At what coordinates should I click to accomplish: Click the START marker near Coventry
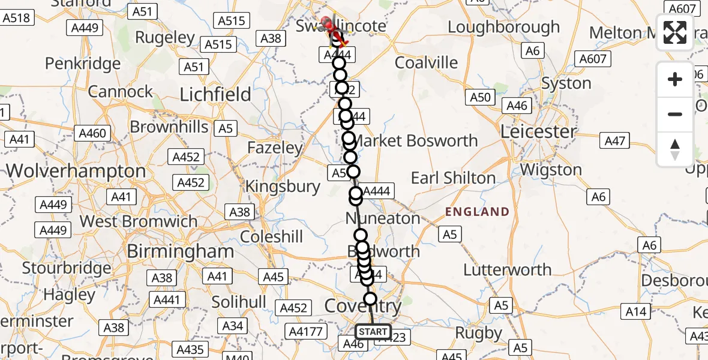[x=373, y=331]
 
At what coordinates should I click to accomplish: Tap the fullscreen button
[x=675, y=33]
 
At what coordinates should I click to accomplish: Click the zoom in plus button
[x=675, y=79]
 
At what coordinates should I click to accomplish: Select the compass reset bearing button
[x=675, y=149]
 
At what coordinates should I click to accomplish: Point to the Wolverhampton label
[x=76, y=171]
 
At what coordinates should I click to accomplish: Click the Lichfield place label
[x=216, y=94]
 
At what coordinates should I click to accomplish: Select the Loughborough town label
[x=503, y=28]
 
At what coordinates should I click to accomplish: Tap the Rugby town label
[x=478, y=332]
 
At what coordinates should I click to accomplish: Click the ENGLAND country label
[x=477, y=212]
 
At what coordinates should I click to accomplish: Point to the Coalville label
[x=426, y=63]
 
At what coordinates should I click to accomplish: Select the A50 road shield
[x=481, y=97]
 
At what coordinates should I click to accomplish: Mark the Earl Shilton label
[x=453, y=178]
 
